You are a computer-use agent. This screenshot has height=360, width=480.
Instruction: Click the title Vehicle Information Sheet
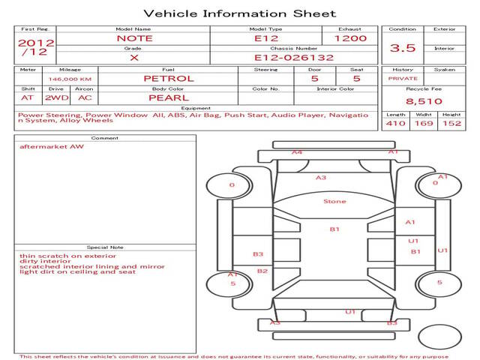point(240,13)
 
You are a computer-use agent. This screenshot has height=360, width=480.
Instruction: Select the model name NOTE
point(135,38)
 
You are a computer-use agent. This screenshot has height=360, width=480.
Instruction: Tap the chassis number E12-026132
point(294,58)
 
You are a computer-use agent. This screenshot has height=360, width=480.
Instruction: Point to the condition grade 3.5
point(403,48)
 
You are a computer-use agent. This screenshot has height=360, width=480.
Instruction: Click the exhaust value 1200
point(350,38)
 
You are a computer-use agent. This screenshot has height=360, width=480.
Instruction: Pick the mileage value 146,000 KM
point(70,79)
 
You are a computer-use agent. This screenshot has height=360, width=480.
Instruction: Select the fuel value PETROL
point(169,79)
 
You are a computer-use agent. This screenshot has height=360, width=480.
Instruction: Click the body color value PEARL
point(169,98)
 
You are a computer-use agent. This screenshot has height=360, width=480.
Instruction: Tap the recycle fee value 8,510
point(424,101)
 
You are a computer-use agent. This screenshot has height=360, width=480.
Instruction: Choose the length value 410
point(395,123)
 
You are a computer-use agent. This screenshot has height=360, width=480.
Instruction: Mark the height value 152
point(451,123)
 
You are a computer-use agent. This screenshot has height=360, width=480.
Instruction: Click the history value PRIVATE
point(403,79)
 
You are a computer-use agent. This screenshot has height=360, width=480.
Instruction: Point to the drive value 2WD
point(57,98)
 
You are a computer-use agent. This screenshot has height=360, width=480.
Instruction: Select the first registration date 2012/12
point(36,47)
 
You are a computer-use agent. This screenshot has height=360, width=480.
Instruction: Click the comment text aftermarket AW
point(52,147)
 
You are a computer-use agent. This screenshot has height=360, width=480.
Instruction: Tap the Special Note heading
point(105,247)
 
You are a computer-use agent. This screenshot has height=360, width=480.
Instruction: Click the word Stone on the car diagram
point(334,202)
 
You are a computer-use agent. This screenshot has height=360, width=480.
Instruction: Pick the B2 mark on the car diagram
point(262,271)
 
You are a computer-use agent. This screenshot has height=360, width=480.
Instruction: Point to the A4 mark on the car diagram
point(297,152)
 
